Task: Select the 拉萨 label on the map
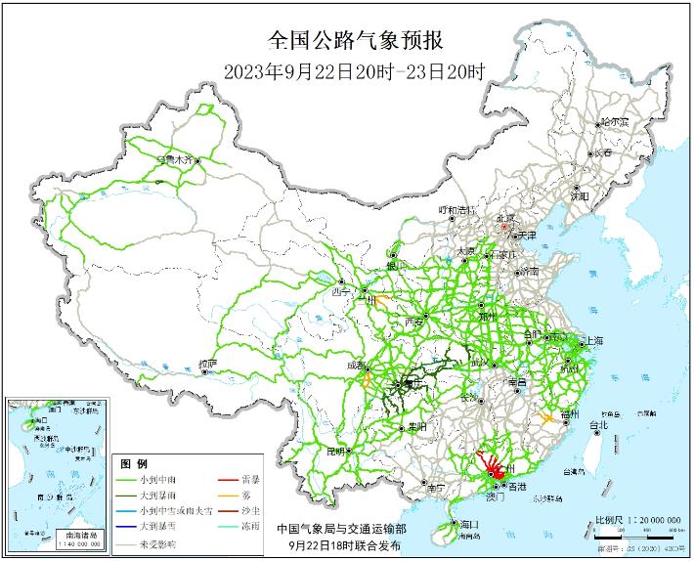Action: click(x=206, y=364)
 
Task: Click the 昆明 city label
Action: click(x=336, y=451)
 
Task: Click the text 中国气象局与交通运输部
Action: click(x=341, y=528)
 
